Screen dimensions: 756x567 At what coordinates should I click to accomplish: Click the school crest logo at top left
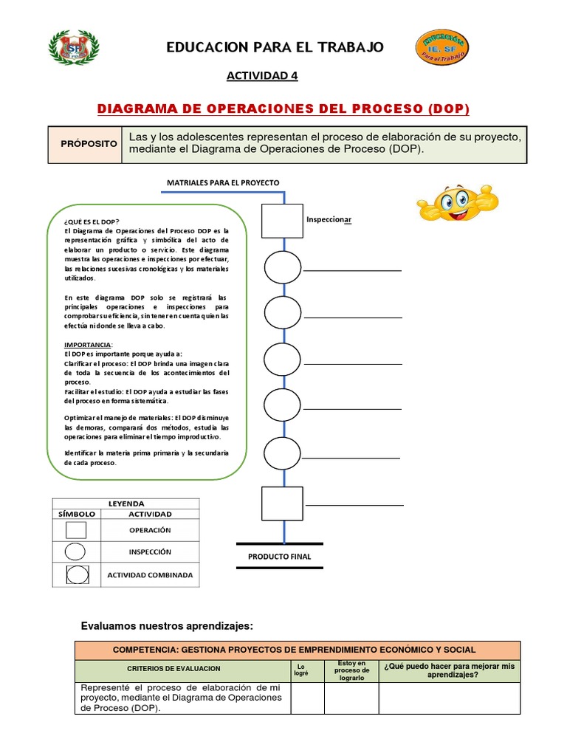[x=74, y=48]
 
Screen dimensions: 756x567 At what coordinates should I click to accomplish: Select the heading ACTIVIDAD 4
[x=262, y=76]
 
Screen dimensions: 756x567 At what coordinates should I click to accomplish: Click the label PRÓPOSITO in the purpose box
[x=89, y=143]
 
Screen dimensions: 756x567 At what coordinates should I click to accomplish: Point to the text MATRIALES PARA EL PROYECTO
[x=223, y=182]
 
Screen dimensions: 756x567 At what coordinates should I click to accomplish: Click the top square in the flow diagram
[x=282, y=221]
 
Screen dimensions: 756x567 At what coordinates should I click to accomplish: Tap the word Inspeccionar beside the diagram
[x=329, y=219]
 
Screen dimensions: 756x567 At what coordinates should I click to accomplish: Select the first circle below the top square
[x=283, y=267]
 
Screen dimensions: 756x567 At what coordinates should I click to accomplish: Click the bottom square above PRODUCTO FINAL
[x=282, y=504]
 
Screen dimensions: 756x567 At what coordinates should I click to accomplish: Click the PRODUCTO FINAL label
[x=279, y=557]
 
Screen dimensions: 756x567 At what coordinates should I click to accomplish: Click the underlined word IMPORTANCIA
[x=87, y=345]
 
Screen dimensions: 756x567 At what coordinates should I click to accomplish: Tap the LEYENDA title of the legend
[x=126, y=504]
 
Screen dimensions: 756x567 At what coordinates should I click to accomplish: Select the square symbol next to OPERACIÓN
[x=75, y=530]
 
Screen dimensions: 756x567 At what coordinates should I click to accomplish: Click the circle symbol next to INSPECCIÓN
[x=75, y=552]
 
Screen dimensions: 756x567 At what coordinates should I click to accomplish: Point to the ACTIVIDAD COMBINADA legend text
[x=150, y=575]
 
